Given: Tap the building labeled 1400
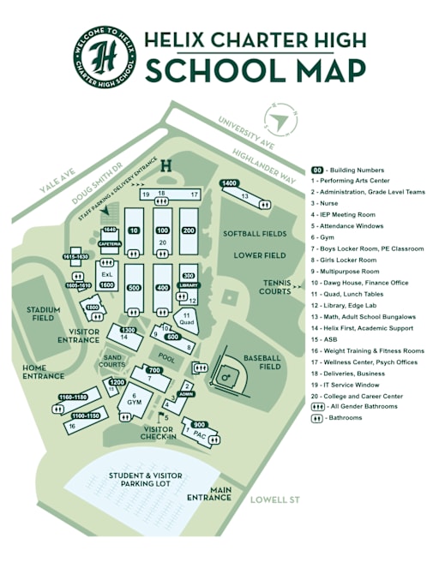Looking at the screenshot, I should [229, 183].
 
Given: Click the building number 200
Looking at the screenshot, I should [189, 231].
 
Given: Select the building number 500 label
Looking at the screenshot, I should [134, 289].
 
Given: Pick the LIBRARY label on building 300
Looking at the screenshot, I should [189, 285].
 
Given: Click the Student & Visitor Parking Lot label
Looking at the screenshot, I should [139, 480].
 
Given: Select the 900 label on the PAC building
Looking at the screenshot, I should [199, 425].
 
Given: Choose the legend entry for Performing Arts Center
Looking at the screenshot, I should [358, 182].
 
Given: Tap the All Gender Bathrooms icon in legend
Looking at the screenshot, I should [317, 407].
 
